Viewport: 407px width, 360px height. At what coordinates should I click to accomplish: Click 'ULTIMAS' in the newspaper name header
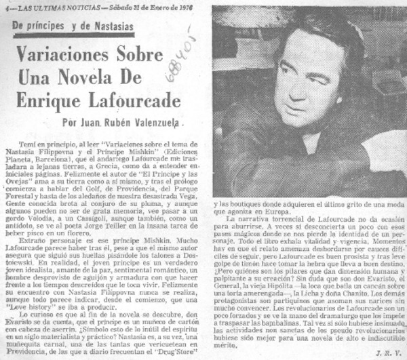click(44, 6)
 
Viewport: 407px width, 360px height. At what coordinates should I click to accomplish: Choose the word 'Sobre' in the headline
click(144, 55)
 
